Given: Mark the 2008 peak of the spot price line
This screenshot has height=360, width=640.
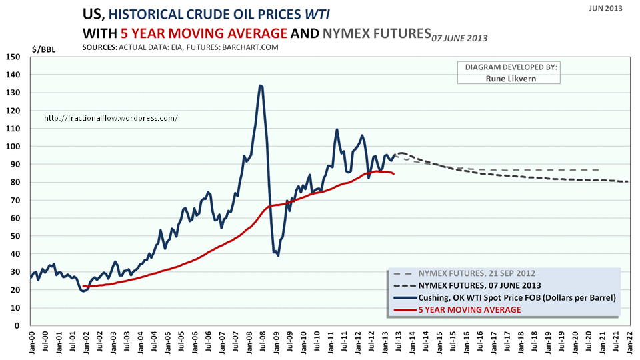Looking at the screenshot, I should pyautogui.click(x=260, y=85).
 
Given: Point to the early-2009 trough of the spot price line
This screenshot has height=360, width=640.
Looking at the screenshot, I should pyautogui.click(x=278, y=255).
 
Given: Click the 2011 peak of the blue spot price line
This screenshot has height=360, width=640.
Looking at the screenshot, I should pyautogui.click(x=337, y=129).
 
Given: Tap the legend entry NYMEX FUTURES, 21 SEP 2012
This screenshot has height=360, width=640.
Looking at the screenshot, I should pyautogui.click(x=476, y=274).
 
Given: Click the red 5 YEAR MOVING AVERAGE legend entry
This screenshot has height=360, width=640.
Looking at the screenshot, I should pyautogui.click(x=469, y=310).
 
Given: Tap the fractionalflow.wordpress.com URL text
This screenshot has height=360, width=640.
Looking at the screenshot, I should pyautogui.click(x=111, y=118).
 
